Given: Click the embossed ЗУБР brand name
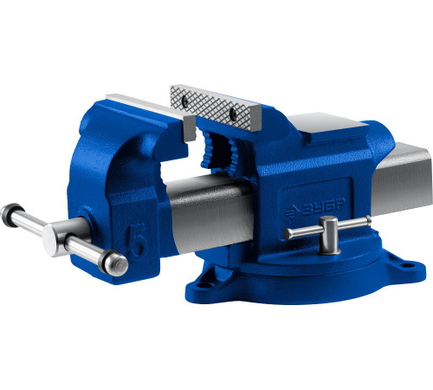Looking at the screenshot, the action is pos(323,207).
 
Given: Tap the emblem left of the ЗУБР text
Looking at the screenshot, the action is pos(292,212).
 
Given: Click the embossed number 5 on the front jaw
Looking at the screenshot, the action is pos(138,239).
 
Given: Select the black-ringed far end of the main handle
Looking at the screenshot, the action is pos(11,215).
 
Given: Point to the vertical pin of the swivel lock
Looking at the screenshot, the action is pos(328,236).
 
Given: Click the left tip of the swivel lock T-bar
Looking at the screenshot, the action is pos(288,234).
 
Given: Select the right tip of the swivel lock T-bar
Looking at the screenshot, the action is pos(368,221).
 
